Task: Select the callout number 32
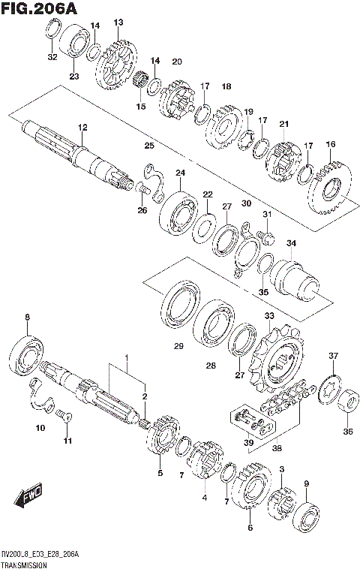point(51,57)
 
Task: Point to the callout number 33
point(269,317)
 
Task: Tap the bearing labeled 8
point(28,352)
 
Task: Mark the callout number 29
point(178,346)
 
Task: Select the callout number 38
point(277,449)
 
